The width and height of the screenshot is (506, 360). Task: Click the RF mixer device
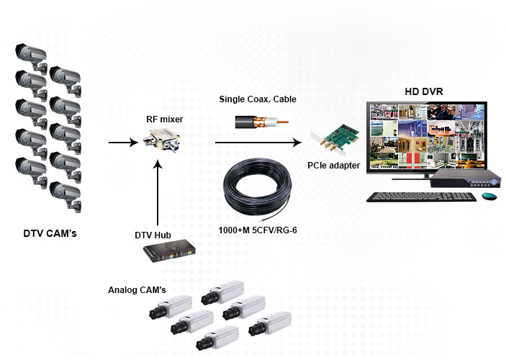pyautogui.click(x=161, y=139)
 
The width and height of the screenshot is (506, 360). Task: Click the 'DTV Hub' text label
pyautogui.click(x=153, y=235)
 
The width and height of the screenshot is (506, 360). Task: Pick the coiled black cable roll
pyautogui.click(x=258, y=191)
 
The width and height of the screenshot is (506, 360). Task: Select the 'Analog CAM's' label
pyautogui.click(x=137, y=290)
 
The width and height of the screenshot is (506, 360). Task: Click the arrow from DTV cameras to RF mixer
pyautogui.click(x=123, y=143)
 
